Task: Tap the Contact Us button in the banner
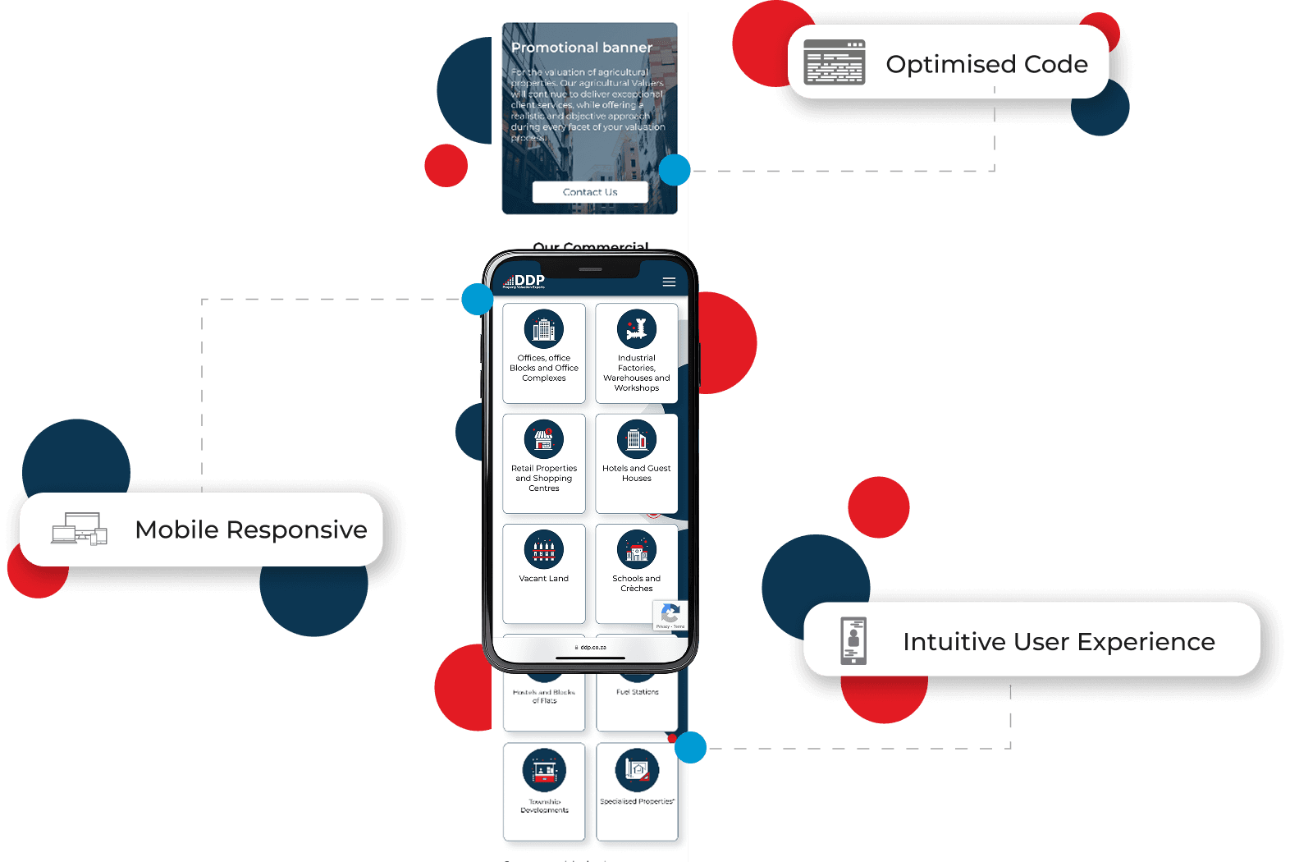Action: click(x=590, y=192)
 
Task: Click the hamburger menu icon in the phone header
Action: click(x=669, y=282)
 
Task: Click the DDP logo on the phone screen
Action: click(x=525, y=282)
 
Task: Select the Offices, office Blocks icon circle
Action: click(x=544, y=330)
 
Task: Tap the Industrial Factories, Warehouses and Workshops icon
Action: click(x=637, y=330)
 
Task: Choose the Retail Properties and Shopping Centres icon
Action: click(x=544, y=439)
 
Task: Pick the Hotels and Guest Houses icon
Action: click(x=637, y=439)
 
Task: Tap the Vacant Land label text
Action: click(x=544, y=579)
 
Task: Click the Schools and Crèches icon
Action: click(x=637, y=550)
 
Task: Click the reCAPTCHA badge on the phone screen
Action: click(x=670, y=615)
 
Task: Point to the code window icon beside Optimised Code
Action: click(x=835, y=62)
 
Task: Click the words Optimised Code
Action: click(x=986, y=64)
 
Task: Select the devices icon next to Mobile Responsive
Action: click(x=80, y=530)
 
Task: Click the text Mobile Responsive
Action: click(x=251, y=530)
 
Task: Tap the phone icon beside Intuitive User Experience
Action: click(x=853, y=640)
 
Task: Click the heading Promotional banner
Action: click(x=581, y=48)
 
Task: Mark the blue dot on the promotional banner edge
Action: click(x=675, y=171)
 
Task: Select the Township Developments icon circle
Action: click(x=544, y=771)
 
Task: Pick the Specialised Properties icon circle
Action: click(x=637, y=771)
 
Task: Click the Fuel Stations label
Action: click(x=638, y=692)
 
